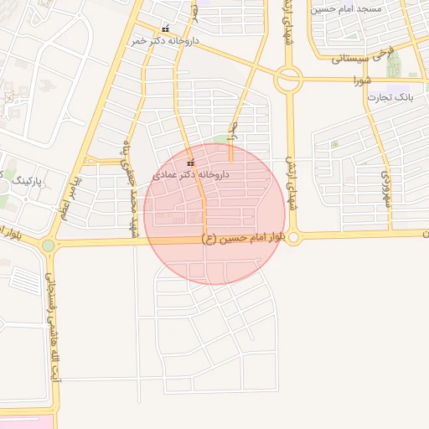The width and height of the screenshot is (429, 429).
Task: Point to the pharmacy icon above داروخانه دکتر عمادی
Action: [191, 163]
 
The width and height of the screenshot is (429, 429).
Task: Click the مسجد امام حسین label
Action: [346, 8]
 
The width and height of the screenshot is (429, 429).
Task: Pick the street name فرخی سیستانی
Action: [360, 59]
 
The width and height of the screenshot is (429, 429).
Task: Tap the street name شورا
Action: [363, 81]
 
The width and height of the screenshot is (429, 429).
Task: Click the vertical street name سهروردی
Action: [386, 189]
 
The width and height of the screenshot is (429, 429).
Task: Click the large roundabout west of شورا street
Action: [288, 80]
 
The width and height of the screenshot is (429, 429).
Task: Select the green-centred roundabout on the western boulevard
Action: [48, 245]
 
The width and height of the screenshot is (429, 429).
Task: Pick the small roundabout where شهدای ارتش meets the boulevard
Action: [291, 235]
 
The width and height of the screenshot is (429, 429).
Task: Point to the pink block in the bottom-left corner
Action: [25, 420]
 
